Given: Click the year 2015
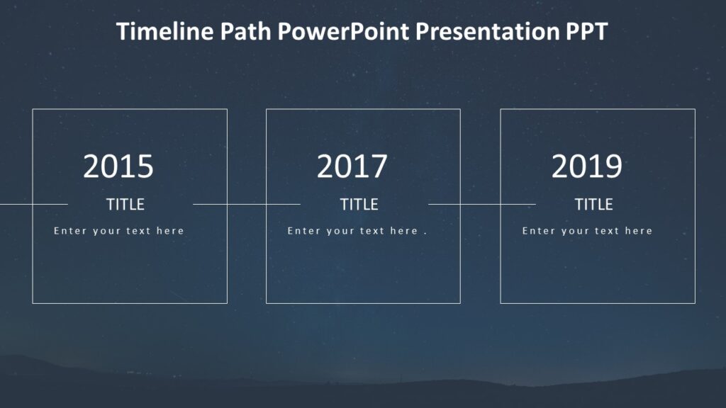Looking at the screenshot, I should tap(118, 167).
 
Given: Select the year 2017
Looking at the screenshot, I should tap(352, 167).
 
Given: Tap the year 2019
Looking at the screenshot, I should tap(587, 167).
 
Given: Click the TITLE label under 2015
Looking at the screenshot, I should tap(125, 205).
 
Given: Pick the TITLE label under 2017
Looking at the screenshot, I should tap(359, 205).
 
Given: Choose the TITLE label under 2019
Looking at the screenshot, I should tap(593, 205).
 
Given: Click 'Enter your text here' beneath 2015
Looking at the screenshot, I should tap(118, 231).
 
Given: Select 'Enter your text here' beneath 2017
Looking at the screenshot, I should tap(352, 231).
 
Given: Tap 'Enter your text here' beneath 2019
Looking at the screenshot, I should tap(587, 231).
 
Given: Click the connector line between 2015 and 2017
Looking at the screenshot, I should tap(246, 204).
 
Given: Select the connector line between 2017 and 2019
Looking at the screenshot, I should tap(481, 204).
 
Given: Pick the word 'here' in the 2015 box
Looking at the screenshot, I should tap(172, 231).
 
